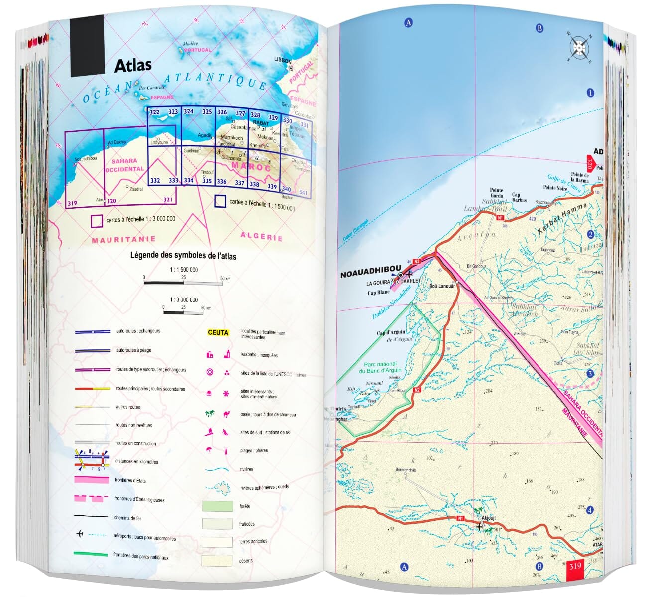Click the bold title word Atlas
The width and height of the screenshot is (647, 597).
tap(133, 65)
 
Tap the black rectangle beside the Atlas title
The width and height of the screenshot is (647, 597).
tap(87, 45)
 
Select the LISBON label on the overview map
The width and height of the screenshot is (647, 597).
tap(283, 60)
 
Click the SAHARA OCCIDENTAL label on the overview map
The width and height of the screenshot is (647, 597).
tap(124, 165)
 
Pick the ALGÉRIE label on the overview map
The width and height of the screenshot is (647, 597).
tap(261, 236)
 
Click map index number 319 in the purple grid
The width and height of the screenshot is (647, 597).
tap(72, 203)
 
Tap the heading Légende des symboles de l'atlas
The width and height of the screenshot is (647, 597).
tap(183, 256)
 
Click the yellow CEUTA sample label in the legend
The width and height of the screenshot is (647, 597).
tap(218, 333)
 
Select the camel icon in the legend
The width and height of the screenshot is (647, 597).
tap(226, 414)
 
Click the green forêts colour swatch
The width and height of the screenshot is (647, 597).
tap(217, 506)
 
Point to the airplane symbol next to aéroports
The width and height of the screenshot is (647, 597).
tap(80, 534)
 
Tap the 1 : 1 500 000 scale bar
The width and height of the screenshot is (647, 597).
tap(183, 282)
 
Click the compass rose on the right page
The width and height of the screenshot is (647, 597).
tap(579, 47)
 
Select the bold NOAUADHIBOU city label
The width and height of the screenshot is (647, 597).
tap(370, 275)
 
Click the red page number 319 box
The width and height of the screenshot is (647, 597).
tap(574, 566)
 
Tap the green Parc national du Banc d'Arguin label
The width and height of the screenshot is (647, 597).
tap(380, 367)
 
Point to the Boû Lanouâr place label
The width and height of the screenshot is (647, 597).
tap(442, 286)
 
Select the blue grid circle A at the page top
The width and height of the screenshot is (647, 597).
tap(408, 22)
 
